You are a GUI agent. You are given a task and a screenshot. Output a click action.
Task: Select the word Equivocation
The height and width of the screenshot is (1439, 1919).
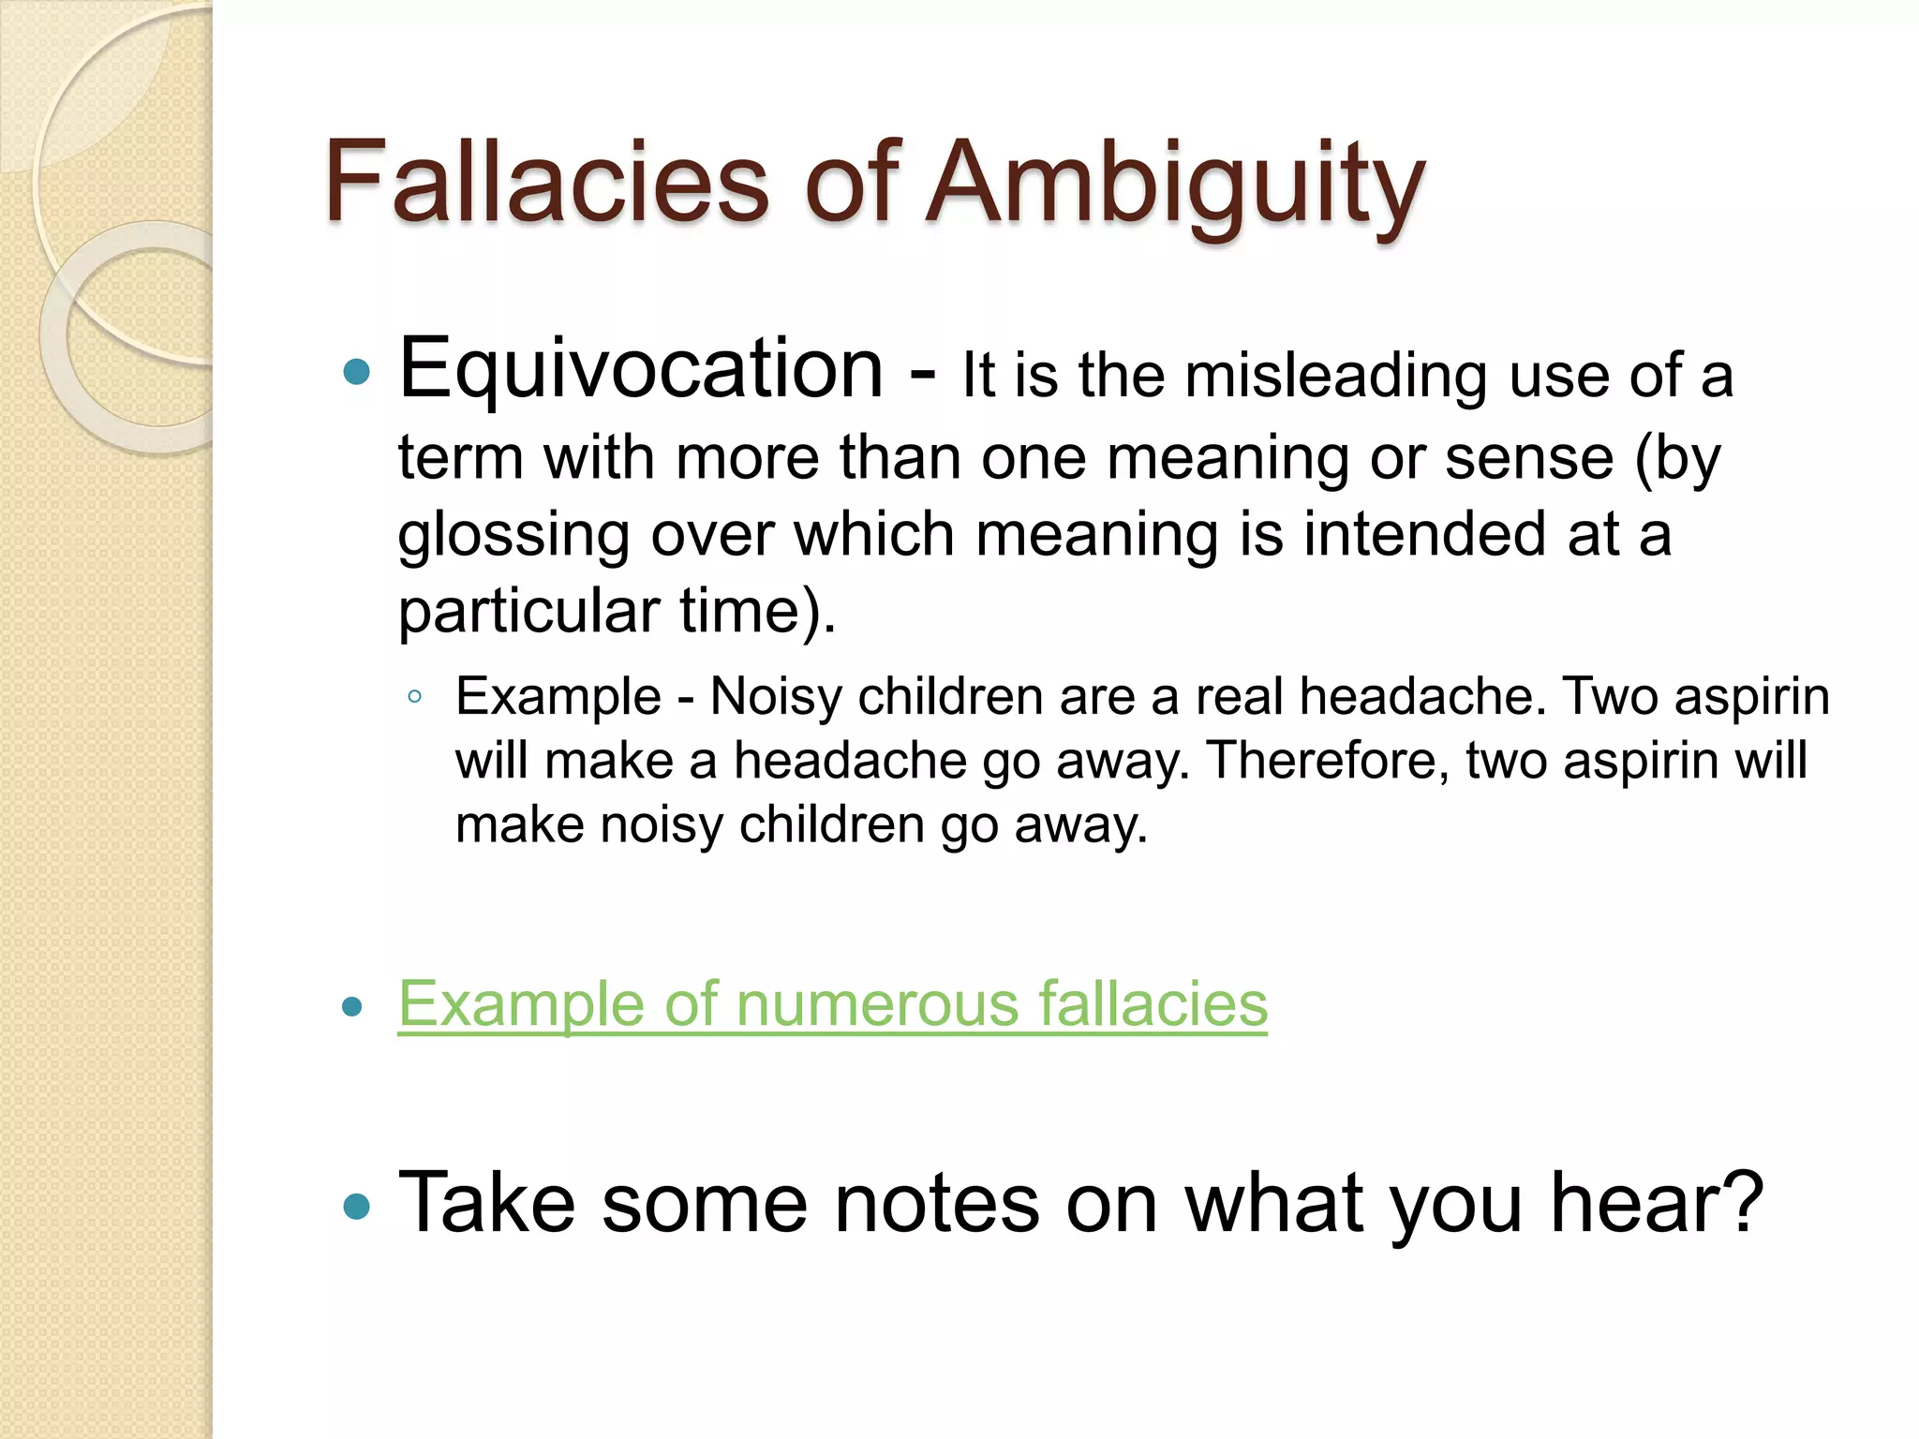(641, 370)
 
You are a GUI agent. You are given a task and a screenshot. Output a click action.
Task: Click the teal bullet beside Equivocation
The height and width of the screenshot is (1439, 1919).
(357, 373)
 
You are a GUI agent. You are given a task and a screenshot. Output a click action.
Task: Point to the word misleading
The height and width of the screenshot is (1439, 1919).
(1335, 377)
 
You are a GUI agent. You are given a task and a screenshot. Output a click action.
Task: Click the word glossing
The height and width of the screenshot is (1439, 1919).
(513, 537)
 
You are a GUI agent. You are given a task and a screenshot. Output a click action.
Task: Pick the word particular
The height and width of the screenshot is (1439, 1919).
(528, 612)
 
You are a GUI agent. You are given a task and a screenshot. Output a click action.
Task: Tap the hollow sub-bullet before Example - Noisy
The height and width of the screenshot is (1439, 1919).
(414, 697)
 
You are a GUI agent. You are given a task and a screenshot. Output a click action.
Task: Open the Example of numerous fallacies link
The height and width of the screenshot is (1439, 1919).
(832, 1005)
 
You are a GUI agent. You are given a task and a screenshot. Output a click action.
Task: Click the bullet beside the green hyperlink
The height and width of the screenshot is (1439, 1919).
(353, 1008)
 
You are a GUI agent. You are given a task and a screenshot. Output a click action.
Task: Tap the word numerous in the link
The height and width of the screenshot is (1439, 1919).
(878, 1005)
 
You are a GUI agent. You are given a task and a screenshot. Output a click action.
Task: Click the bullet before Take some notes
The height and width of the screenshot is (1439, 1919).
(357, 1206)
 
